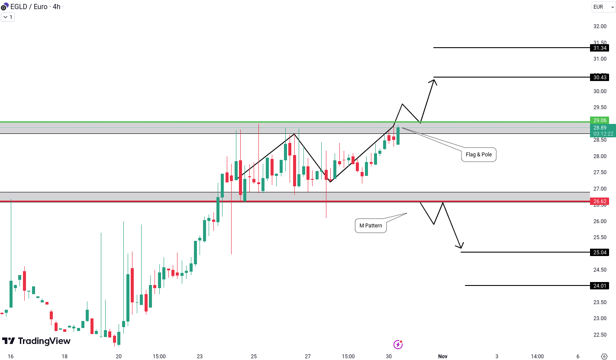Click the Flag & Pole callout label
[x=479, y=155]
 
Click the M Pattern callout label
[x=371, y=226]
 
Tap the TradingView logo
[x=36, y=341]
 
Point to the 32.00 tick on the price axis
[x=600, y=26]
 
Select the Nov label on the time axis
[x=442, y=357]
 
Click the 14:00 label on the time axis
[x=537, y=357]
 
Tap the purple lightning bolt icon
[x=398, y=344]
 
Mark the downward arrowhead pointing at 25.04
[x=461, y=247]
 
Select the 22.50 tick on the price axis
[x=600, y=335]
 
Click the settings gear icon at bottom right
[x=605, y=357]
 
